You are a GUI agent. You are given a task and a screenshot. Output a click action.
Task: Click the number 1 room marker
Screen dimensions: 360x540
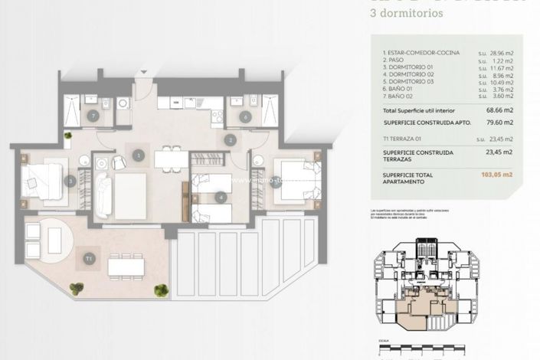(x=139, y=155)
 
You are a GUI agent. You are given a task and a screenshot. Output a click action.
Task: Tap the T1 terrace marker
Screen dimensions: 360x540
(x=90, y=258)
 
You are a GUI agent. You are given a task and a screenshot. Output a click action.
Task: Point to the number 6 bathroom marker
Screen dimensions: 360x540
(x=245, y=117)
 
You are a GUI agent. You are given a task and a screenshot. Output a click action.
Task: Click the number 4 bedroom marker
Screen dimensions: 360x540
(x=221, y=197)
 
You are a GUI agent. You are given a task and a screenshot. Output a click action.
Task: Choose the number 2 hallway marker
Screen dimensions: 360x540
(x=230, y=140)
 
